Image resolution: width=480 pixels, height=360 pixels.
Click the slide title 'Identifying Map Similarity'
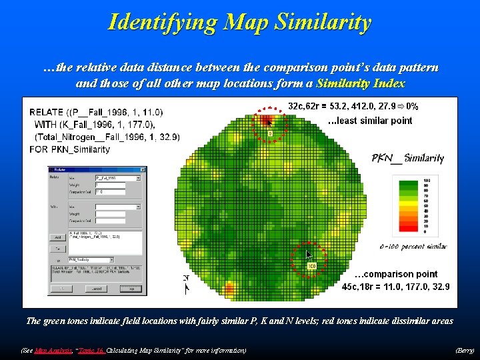point(240,23)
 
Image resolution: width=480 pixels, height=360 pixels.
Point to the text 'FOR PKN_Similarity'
point(70,149)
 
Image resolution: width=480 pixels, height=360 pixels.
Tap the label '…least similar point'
point(371,121)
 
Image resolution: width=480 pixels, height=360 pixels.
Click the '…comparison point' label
point(396,274)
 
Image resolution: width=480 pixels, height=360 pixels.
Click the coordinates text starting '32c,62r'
point(353,106)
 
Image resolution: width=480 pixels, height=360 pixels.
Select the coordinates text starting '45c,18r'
point(395,287)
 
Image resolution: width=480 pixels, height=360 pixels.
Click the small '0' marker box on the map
point(270,133)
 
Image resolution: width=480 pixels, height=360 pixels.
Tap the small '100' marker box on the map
point(311,266)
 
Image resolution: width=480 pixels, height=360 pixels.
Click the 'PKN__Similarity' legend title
point(408,158)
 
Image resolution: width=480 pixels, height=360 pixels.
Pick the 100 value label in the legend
point(426,181)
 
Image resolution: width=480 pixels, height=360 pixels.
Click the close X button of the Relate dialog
point(139,170)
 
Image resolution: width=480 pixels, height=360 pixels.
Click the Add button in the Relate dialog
point(58,237)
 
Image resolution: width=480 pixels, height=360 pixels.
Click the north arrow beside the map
point(186,283)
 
